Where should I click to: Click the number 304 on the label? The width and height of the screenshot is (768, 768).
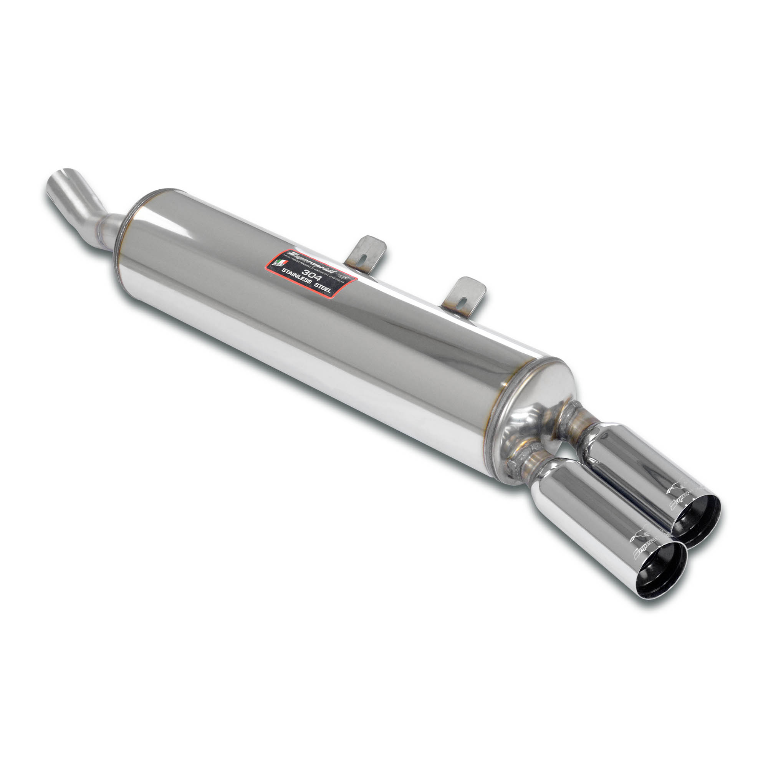(312, 275)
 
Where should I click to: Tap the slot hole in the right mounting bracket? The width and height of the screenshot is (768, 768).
(463, 298)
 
